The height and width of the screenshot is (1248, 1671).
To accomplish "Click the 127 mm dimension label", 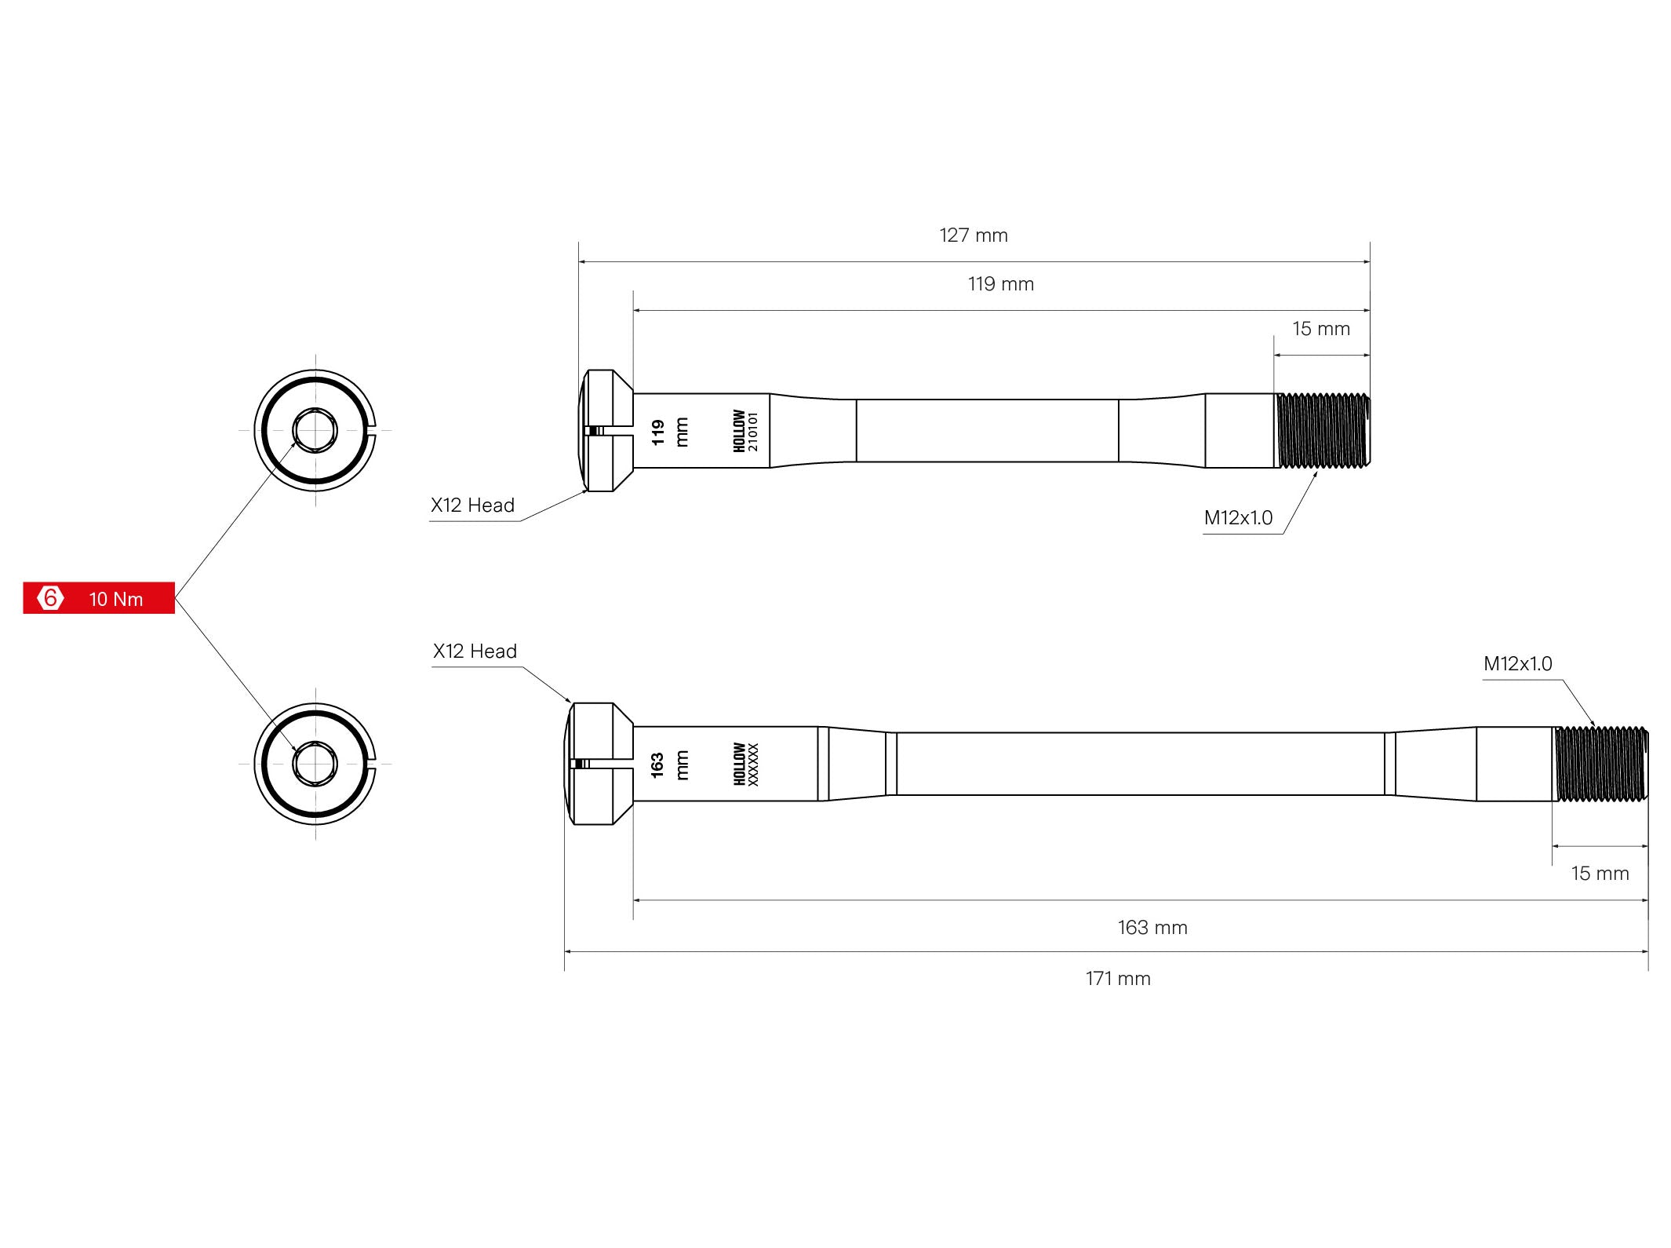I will (x=973, y=235).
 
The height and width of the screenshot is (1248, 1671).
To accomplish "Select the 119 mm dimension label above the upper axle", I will (x=1000, y=284).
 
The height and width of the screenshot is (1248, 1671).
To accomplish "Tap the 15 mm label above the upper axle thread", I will (x=1320, y=329).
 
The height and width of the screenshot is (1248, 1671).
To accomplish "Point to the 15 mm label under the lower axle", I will (x=1599, y=874).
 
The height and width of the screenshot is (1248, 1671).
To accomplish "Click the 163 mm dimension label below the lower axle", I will (x=1152, y=928).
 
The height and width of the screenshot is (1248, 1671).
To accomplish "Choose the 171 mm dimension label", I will (x=1117, y=979).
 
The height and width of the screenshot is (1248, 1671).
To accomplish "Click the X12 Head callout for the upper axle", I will (x=472, y=505).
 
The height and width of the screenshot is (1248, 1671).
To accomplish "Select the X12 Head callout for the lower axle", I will (x=475, y=651).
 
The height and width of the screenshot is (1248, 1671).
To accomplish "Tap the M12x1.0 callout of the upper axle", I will (x=1238, y=518).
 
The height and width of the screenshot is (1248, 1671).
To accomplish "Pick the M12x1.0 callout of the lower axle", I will (x=1516, y=664).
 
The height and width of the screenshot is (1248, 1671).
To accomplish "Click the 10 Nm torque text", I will (x=116, y=600).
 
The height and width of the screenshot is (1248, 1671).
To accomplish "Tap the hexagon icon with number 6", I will (x=50, y=598).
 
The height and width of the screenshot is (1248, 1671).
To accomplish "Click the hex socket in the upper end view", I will (x=315, y=430).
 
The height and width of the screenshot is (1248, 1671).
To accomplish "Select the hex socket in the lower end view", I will (x=315, y=763).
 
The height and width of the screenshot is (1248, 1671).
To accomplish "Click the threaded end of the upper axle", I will (x=1323, y=430).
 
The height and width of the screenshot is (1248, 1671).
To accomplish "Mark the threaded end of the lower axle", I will (x=1600, y=763).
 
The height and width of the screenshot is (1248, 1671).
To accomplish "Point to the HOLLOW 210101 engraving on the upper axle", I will (x=745, y=431).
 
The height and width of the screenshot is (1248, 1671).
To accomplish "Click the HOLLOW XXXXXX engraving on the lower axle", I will (x=745, y=764).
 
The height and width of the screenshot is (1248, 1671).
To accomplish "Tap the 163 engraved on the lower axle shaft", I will (x=657, y=764).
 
